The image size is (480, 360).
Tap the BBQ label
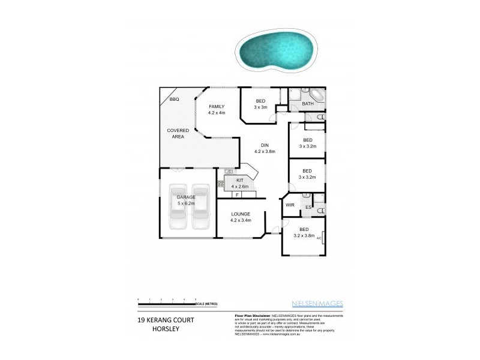[174, 100]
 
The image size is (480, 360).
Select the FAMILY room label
[216, 107]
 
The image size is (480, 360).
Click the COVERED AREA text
[178, 133]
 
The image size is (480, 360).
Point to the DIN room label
[264, 145]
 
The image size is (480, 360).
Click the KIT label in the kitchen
[239, 180]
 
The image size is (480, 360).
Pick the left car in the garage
[179, 209]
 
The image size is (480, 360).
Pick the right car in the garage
[200, 209]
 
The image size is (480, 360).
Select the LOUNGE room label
[239, 214]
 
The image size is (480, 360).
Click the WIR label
[290, 205]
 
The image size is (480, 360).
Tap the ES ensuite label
[308, 208]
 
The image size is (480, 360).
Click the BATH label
[308, 104]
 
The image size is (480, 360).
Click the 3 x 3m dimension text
[260, 107]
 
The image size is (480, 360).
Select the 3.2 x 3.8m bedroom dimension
[304, 236]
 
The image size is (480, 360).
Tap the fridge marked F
[238, 195]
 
